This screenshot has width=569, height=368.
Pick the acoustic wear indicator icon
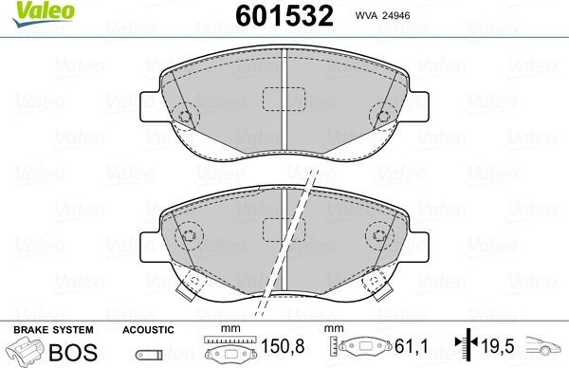148,355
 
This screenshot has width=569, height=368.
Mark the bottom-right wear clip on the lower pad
376,282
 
